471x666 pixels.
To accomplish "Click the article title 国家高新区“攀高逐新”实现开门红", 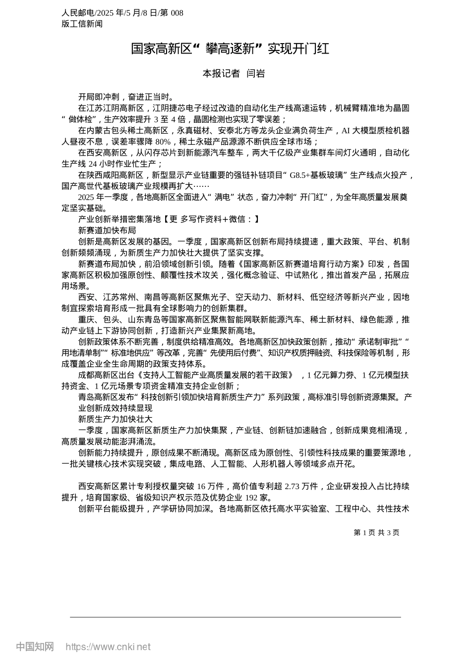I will [230, 49].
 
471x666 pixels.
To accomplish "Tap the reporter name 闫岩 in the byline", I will [256, 73].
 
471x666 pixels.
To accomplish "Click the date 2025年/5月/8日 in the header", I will [130, 13].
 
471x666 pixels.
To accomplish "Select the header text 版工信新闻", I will [82, 23].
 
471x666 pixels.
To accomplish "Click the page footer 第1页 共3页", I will [376, 532].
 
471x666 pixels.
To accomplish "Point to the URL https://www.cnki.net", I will [108, 647].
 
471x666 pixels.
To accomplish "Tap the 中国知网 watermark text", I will [35, 647].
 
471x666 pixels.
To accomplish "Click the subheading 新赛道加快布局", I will [107, 230].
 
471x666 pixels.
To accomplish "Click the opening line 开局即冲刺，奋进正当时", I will [126, 97].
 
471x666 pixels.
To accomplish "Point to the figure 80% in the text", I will [163, 141].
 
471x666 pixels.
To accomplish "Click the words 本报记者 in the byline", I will [221, 73].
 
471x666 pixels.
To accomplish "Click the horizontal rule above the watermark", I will [235, 617].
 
